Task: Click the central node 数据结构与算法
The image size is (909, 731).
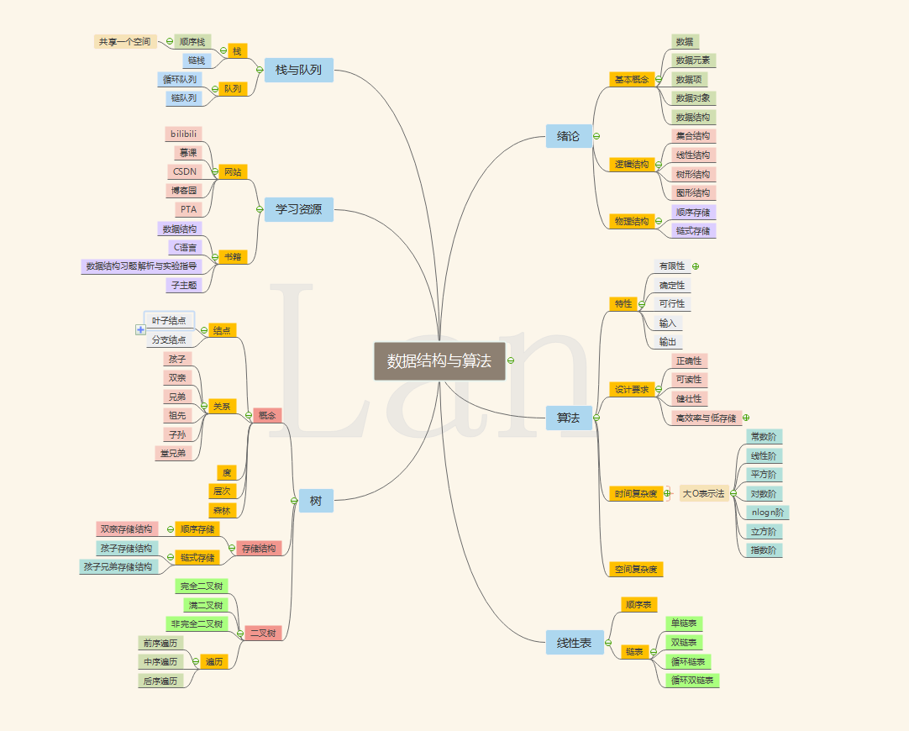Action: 439,361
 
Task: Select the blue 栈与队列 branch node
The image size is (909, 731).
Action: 298,70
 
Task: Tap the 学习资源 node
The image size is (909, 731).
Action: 298,209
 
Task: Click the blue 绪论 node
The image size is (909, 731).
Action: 568,135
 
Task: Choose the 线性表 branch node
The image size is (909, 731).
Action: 574,643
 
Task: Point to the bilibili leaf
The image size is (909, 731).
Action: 184,134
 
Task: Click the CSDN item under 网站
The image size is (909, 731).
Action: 184,171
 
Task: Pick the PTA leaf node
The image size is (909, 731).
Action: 188,209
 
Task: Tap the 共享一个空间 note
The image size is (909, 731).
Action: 125,41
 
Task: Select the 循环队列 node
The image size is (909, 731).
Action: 178,80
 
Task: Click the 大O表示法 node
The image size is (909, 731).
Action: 703,493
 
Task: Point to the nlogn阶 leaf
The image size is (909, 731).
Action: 767,512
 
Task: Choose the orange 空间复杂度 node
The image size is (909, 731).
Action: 635,569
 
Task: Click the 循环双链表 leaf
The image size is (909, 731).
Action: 692,680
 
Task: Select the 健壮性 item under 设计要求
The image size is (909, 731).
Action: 689,398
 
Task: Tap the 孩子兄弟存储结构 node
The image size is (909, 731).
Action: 118,567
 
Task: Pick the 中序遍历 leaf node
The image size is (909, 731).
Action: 160,661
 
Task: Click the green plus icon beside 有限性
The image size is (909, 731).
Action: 696,266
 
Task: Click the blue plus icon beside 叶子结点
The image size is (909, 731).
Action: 140,329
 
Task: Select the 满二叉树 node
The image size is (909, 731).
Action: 205,605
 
